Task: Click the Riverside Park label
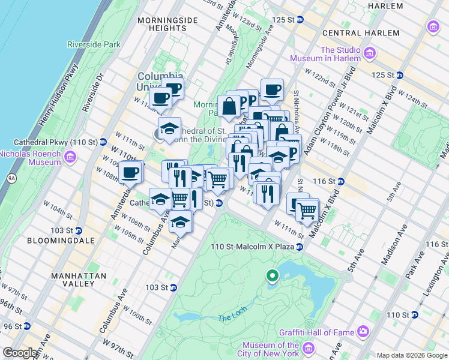coord(94,44)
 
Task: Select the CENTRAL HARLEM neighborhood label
coord(360,33)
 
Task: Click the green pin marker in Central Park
coord(272,276)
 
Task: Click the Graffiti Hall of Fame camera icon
coord(363,331)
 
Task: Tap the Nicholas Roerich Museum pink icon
coord(71,157)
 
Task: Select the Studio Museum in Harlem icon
coord(370,54)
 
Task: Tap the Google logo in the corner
coord(20,353)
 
